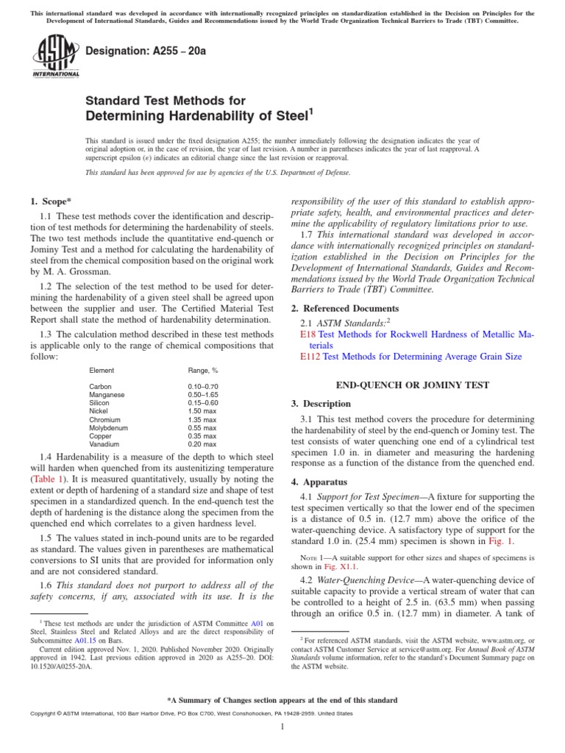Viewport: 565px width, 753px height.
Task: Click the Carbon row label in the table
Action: tap(100, 386)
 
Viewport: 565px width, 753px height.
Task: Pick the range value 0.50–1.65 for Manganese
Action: tap(203, 394)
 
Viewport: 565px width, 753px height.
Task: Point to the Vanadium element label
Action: tap(104, 444)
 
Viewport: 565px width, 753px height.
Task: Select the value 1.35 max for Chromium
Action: tap(202, 419)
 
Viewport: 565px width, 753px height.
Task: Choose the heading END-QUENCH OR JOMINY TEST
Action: tap(413, 385)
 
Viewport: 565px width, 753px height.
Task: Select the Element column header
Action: tap(102, 370)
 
